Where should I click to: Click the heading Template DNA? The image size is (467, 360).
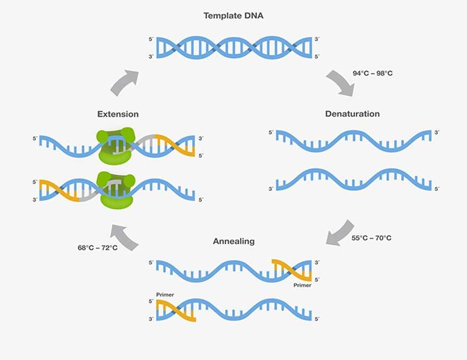[x=233, y=15]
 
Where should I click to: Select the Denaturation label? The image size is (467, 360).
[x=352, y=114]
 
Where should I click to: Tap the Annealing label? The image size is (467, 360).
[x=234, y=241]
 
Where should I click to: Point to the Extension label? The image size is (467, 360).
[x=118, y=114]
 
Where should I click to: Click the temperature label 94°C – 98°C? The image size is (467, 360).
[x=373, y=73]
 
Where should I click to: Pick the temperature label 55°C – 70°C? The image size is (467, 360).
[x=371, y=238]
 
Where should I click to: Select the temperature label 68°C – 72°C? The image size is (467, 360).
[x=97, y=248]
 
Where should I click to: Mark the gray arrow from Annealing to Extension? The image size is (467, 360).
[x=124, y=237]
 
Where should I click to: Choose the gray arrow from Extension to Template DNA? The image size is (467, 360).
[x=125, y=83]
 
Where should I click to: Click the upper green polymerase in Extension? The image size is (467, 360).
[x=115, y=146]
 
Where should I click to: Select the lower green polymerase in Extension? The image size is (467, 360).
[x=116, y=190]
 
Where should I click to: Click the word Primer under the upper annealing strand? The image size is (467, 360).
[x=302, y=285]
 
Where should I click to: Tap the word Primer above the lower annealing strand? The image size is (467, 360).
[x=165, y=295]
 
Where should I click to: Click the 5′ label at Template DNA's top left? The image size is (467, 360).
[x=151, y=40]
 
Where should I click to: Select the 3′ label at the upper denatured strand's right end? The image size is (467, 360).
[x=437, y=132]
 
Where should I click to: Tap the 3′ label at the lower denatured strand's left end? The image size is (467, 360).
[x=271, y=189]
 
